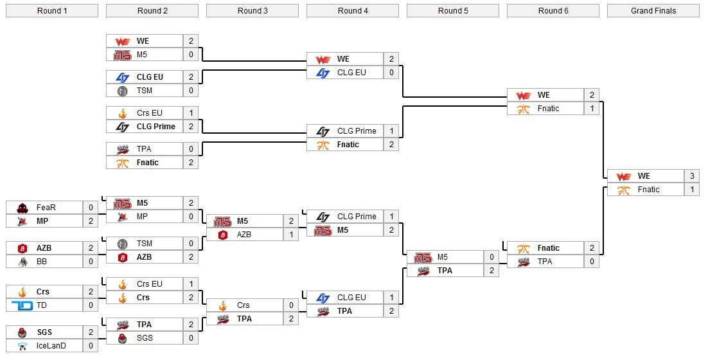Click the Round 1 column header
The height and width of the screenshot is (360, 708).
click(52, 10)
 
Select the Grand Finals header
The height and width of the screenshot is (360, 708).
click(653, 10)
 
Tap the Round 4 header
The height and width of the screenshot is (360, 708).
click(353, 10)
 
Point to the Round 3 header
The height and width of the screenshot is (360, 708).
click(252, 10)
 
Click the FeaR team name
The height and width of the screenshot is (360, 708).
click(46, 207)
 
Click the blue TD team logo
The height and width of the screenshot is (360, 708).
click(22, 305)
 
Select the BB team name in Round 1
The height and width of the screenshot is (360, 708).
click(42, 261)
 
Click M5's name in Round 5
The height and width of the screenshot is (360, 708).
click(443, 257)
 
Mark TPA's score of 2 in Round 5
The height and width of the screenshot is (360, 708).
click(491, 271)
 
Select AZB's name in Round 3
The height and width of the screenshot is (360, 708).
click(244, 235)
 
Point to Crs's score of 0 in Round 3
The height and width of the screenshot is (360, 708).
click(291, 305)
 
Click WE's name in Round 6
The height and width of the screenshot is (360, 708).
click(544, 95)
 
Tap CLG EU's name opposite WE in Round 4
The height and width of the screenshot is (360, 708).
click(351, 73)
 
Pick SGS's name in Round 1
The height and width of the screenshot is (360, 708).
click(44, 332)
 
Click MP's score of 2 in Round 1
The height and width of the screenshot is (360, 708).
click(91, 221)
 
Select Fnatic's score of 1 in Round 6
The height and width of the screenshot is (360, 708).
click(592, 109)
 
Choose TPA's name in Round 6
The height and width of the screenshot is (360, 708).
click(545, 262)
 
